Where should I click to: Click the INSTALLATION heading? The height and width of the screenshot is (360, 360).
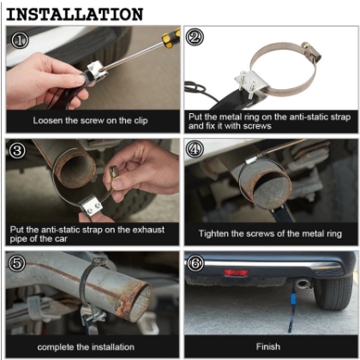coord(75,15)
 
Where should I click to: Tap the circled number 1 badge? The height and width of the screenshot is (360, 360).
coord(20,39)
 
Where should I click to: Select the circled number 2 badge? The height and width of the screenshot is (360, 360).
coord(195,38)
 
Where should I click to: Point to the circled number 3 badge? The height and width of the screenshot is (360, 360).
coord(17,150)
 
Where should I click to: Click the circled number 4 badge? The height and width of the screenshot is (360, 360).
coord(195,149)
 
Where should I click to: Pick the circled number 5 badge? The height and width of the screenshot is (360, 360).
coord(17,263)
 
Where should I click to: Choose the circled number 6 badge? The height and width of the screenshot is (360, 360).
coord(195,263)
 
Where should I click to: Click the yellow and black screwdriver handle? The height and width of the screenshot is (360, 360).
coord(171,38)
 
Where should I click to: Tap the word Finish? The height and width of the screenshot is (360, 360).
coord(268,346)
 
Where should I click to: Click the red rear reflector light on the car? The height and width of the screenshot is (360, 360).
coord(236,273)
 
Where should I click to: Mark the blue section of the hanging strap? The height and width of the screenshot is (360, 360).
coord(294,298)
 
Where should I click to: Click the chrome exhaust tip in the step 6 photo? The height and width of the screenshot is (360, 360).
coord(303,283)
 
